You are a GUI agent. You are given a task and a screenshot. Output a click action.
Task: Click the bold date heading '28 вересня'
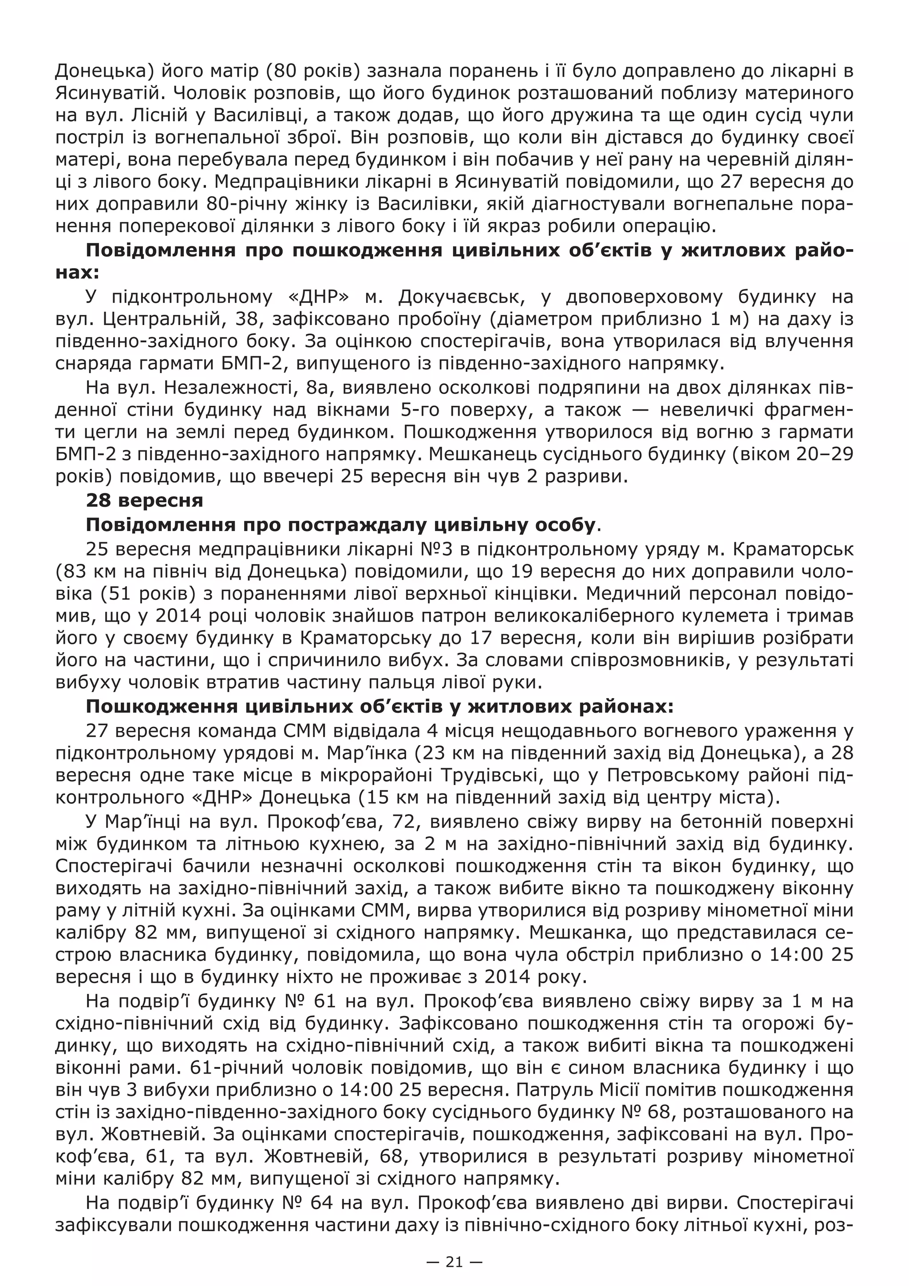point(144,500)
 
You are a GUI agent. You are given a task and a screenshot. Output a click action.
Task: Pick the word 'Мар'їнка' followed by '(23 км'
point(352,753)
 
